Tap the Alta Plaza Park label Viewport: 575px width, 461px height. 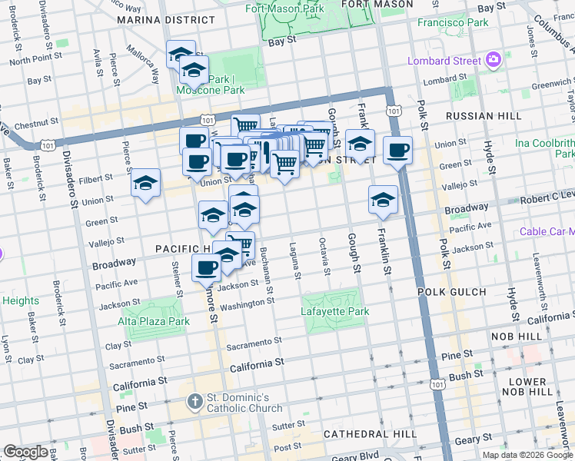tap(154, 321)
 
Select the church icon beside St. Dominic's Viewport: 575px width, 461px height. tap(195, 402)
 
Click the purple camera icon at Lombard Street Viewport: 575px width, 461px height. tap(494, 58)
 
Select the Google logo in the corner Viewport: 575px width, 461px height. tap(25, 452)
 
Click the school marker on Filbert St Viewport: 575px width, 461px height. tap(145, 184)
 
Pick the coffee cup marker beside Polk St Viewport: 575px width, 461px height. tap(397, 151)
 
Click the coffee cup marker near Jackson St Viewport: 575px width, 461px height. tap(206, 268)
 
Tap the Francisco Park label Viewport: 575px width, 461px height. tap(453, 22)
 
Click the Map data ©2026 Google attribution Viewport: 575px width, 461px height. tap(527, 455)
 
